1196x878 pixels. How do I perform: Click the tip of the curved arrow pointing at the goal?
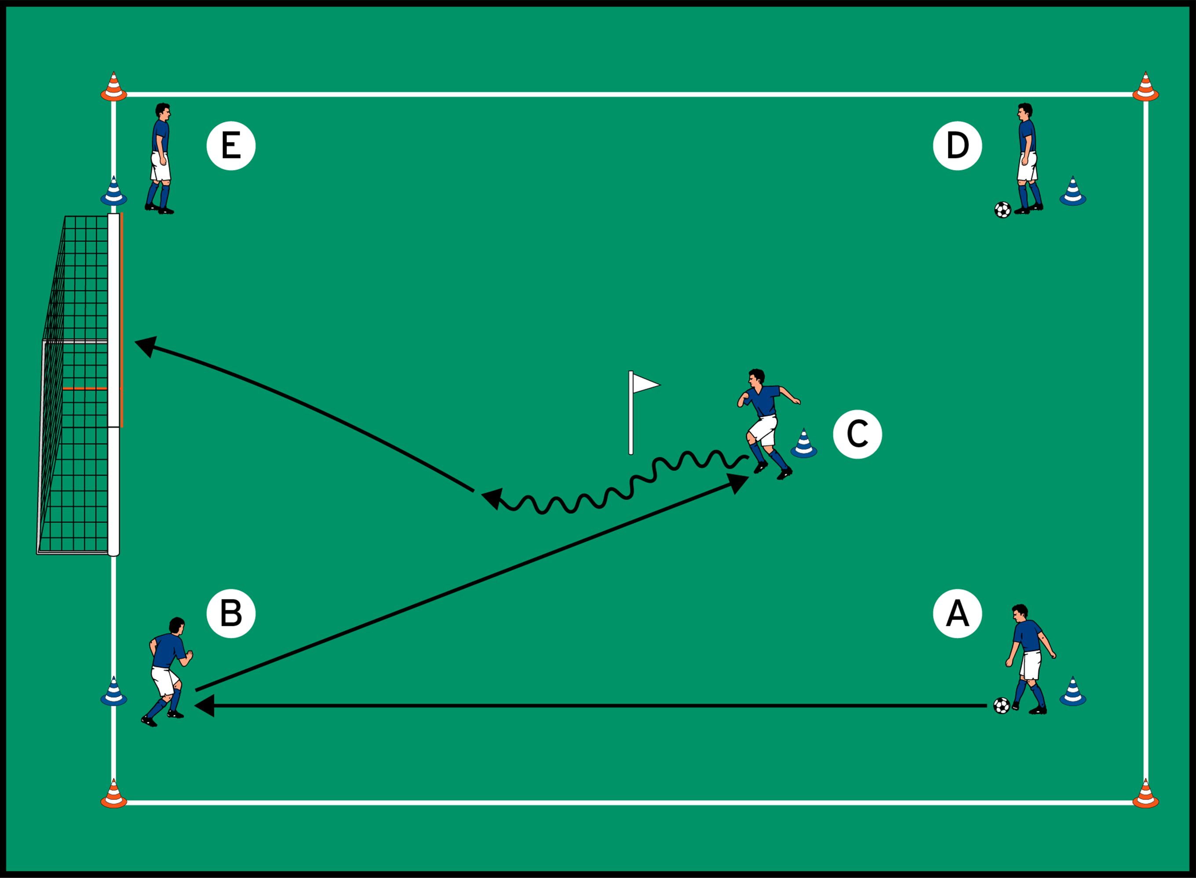135,342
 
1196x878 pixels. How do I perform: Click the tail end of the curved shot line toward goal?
474,491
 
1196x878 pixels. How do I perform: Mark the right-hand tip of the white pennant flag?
660,385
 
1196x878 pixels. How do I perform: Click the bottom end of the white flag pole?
631,454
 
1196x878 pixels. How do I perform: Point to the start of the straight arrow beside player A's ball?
987,706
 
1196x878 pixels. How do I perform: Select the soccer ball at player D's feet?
1003,210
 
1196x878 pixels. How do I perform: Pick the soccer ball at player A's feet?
1002,706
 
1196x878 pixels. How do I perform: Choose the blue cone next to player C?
804,443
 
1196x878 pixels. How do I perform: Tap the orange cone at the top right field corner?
1145,87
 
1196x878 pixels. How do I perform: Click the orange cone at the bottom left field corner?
114,794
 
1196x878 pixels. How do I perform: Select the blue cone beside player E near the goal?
114,191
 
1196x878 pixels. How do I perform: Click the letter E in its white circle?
231,146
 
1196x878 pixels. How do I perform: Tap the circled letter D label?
957,146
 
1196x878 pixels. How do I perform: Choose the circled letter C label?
857,434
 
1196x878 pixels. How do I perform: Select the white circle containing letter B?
231,613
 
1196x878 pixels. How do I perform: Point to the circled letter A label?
957,613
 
